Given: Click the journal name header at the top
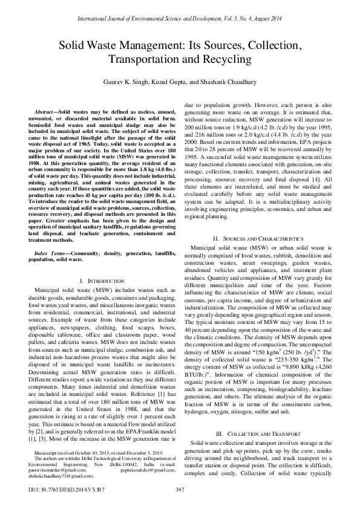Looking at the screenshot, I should pyautogui.click(x=180, y=20).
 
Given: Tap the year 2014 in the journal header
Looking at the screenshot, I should pyautogui.click(x=278, y=20).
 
